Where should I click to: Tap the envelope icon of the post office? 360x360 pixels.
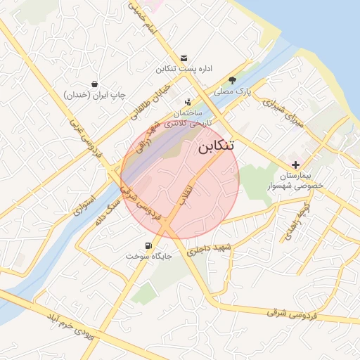click(x=184, y=58)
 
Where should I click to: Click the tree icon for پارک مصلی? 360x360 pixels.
click(x=233, y=79)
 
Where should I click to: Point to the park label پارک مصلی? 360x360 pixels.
click(x=233, y=91)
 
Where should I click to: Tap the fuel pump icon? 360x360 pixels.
click(x=148, y=246)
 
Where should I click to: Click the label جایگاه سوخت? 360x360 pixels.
click(x=148, y=257)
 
